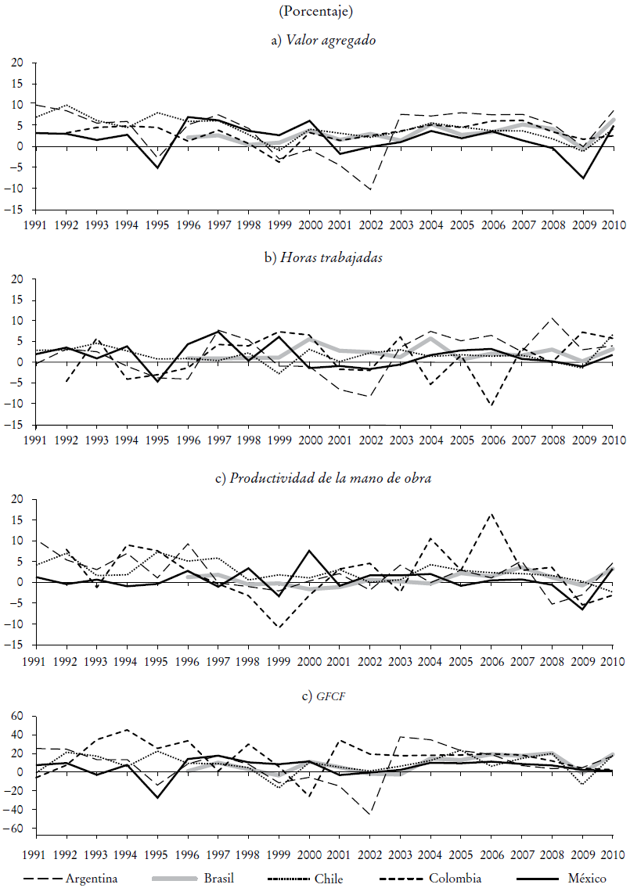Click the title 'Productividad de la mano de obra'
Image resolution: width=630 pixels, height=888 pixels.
click(322, 479)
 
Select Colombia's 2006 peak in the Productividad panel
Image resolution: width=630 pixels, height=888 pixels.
click(491, 514)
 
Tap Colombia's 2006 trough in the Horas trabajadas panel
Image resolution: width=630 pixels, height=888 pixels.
click(491, 405)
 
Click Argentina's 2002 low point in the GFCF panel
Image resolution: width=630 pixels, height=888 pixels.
click(370, 814)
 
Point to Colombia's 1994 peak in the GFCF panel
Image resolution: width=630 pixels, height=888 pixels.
click(127, 730)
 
